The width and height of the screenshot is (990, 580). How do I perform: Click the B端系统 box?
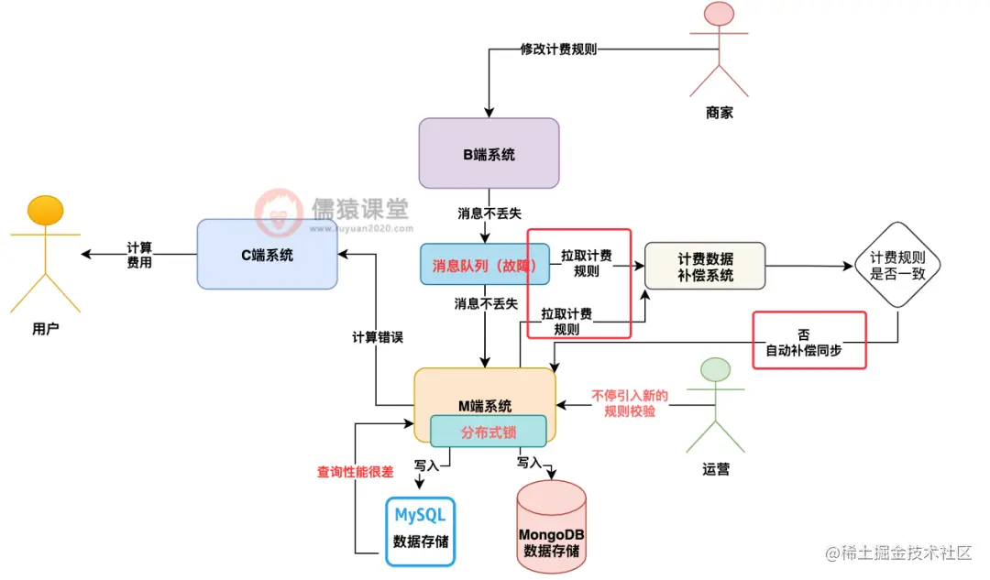tap(489, 154)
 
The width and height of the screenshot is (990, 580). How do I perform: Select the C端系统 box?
tap(267, 254)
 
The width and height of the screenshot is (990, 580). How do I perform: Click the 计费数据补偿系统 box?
tap(704, 267)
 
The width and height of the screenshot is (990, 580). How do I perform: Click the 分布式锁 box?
tap(489, 432)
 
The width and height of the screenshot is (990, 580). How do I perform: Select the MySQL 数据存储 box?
tap(420, 527)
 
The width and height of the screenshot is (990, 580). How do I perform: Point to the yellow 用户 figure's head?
tap(45, 210)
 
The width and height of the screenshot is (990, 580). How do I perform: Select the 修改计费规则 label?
tap(558, 49)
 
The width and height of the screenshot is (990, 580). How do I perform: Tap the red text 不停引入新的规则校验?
tap(630, 403)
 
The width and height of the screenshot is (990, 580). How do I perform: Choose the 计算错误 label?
tap(378, 336)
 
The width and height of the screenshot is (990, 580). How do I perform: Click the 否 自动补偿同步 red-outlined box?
tap(808, 340)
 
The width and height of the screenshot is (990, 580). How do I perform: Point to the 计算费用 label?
tap(139, 255)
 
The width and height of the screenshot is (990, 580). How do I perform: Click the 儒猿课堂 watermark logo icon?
tap(279, 213)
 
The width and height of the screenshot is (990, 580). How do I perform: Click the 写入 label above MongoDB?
tap(530, 463)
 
